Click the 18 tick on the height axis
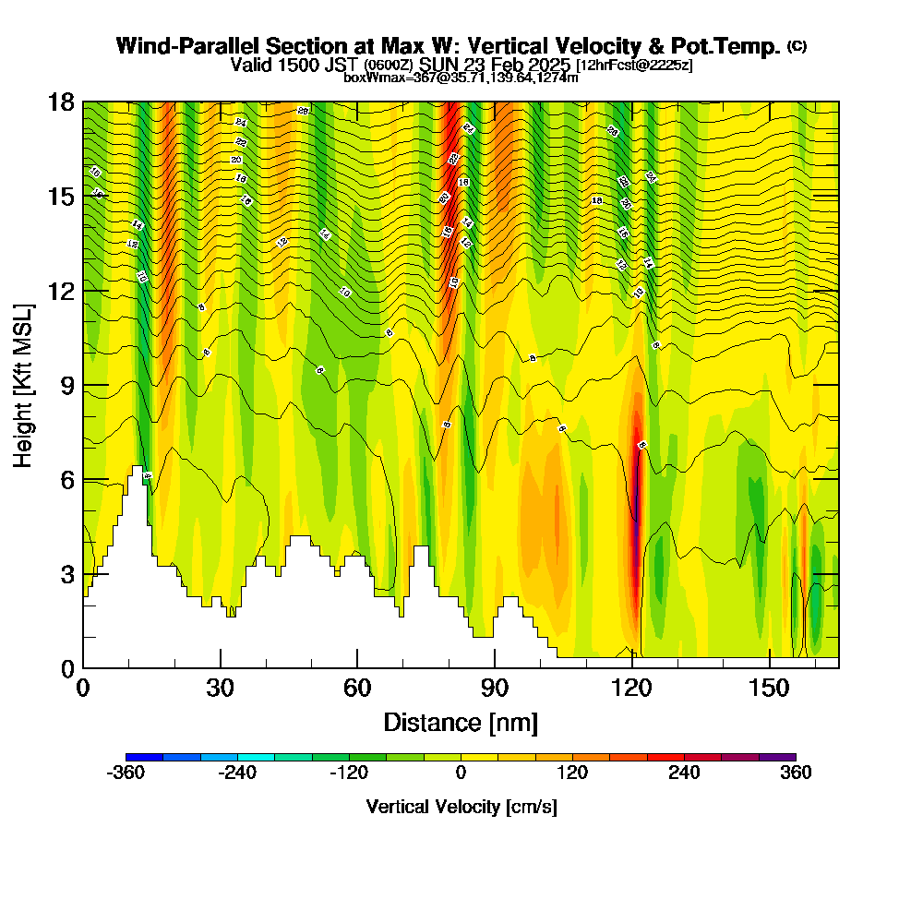pos(61,102)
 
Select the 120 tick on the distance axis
pos(632,688)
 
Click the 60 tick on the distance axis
pos(357,688)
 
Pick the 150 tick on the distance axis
pos(770,688)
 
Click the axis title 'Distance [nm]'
pos(461,722)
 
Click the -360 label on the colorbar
pos(126,773)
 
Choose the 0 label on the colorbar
pos(461,773)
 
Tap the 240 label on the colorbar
pos(684,773)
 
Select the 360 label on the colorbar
pos(796,773)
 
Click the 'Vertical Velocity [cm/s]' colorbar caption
pos(461,807)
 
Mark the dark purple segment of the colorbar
pos(777,757)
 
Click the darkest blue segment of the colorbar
pos(145,757)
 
